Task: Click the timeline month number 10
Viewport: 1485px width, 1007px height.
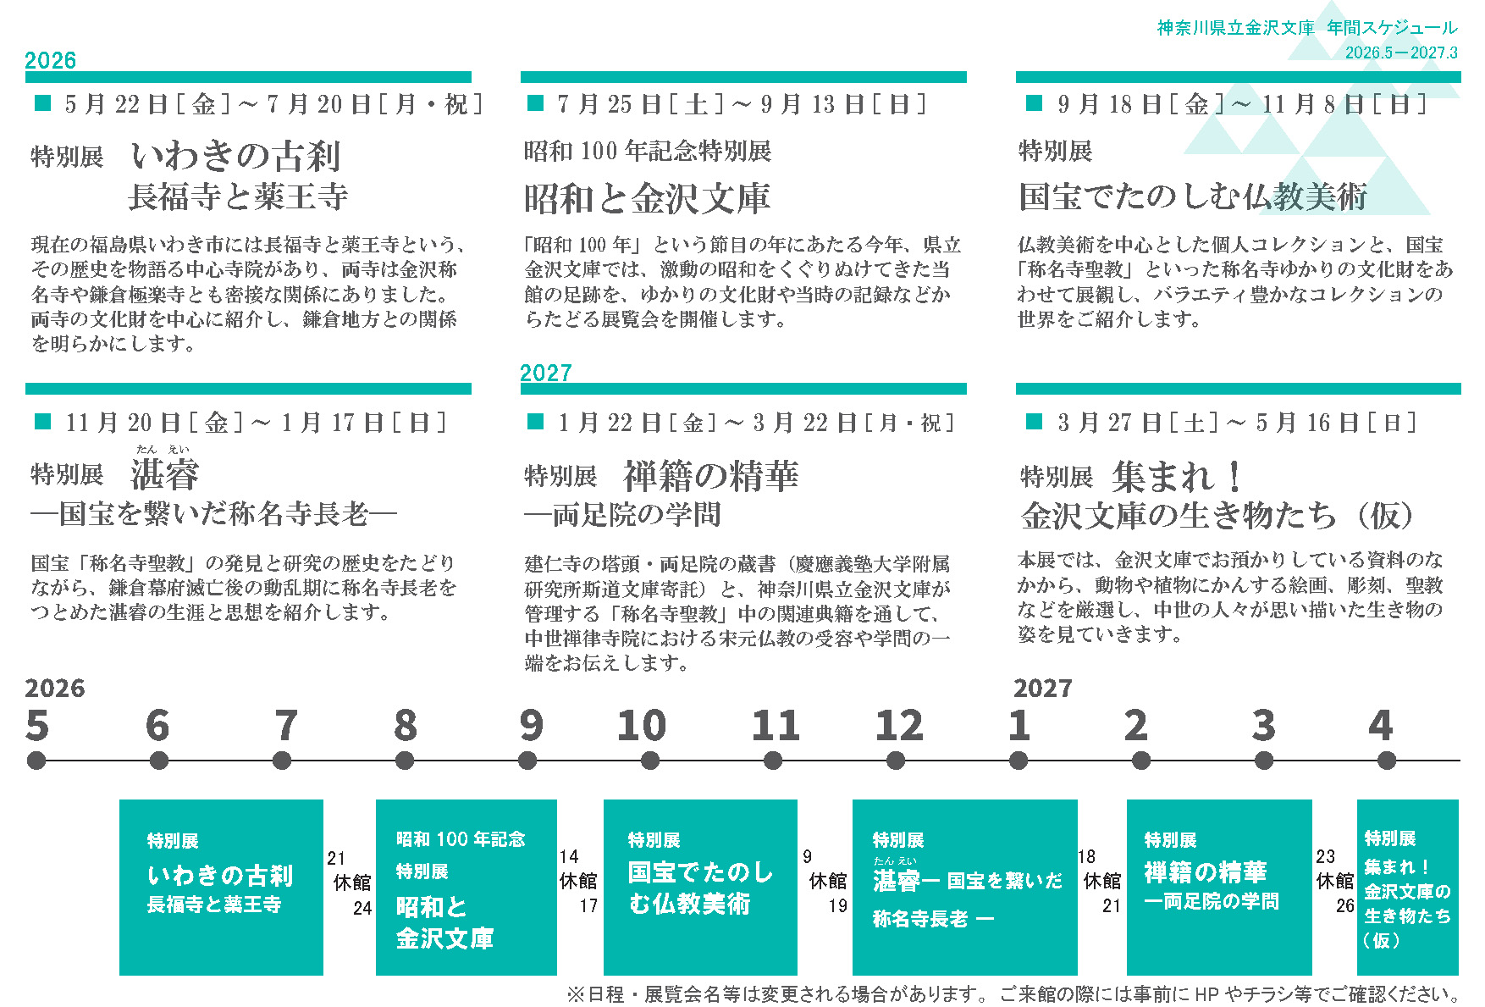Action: pos(642,726)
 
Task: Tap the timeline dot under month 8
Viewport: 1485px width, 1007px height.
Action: pos(405,761)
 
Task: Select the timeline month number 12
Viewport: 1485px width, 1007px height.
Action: pos(899,726)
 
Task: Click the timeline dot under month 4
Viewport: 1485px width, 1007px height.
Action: pos(1387,761)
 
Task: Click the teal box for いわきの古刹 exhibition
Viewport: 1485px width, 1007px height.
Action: pos(221,887)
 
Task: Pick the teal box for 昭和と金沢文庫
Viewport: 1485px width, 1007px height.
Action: pos(466,887)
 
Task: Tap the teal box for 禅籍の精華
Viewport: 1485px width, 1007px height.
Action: pos(1219,887)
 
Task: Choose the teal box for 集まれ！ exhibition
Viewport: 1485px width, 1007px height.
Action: pos(1408,887)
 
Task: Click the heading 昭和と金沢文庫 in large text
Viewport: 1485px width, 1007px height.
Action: pos(648,198)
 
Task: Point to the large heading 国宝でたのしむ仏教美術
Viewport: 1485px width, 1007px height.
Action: pos(1193,196)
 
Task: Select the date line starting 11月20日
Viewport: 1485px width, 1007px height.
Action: pos(255,423)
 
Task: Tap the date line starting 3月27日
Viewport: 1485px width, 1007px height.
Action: pos(1236,423)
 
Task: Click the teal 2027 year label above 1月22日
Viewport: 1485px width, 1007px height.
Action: pos(546,373)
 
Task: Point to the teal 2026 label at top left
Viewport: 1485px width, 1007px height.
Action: pos(51,60)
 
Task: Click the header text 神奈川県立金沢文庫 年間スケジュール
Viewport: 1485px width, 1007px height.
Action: pos(1307,28)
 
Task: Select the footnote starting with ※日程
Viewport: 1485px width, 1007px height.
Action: pos(1014,993)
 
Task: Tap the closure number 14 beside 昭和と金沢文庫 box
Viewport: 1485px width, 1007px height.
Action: pos(569,857)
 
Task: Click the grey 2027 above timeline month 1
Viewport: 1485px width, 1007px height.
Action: pos(1043,688)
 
